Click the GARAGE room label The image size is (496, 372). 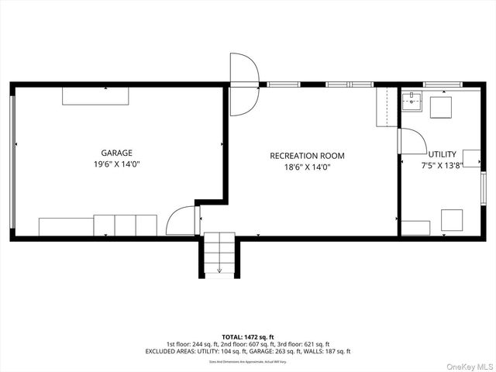coord(116,153)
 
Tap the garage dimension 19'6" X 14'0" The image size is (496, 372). coord(116,164)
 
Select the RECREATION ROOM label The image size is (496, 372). coord(307,156)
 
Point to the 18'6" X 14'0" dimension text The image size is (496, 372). coord(307,167)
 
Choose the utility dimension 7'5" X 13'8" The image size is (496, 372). coord(443,165)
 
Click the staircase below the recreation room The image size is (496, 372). coord(220,255)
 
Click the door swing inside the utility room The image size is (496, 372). coord(412,143)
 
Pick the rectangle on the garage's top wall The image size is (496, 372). coord(96,95)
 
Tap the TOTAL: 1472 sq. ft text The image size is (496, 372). coord(248,337)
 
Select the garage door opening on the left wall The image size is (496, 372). coord(12,163)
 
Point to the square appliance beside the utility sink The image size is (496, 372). coord(441,106)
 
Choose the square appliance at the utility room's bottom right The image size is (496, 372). coord(452,220)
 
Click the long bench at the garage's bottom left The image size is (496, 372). coord(66,226)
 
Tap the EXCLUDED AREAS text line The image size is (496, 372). coord(248,351)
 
